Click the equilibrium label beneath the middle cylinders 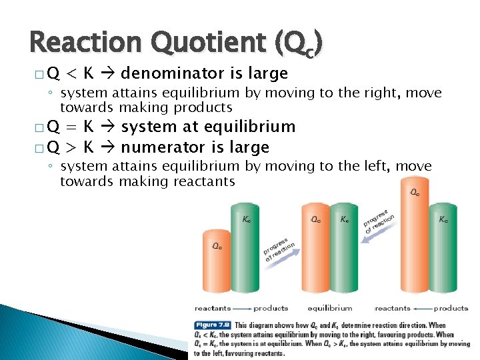pyautogui.click(x=329, y=308)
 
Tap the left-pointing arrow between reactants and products pyautogui.click(x=422, y=308)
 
